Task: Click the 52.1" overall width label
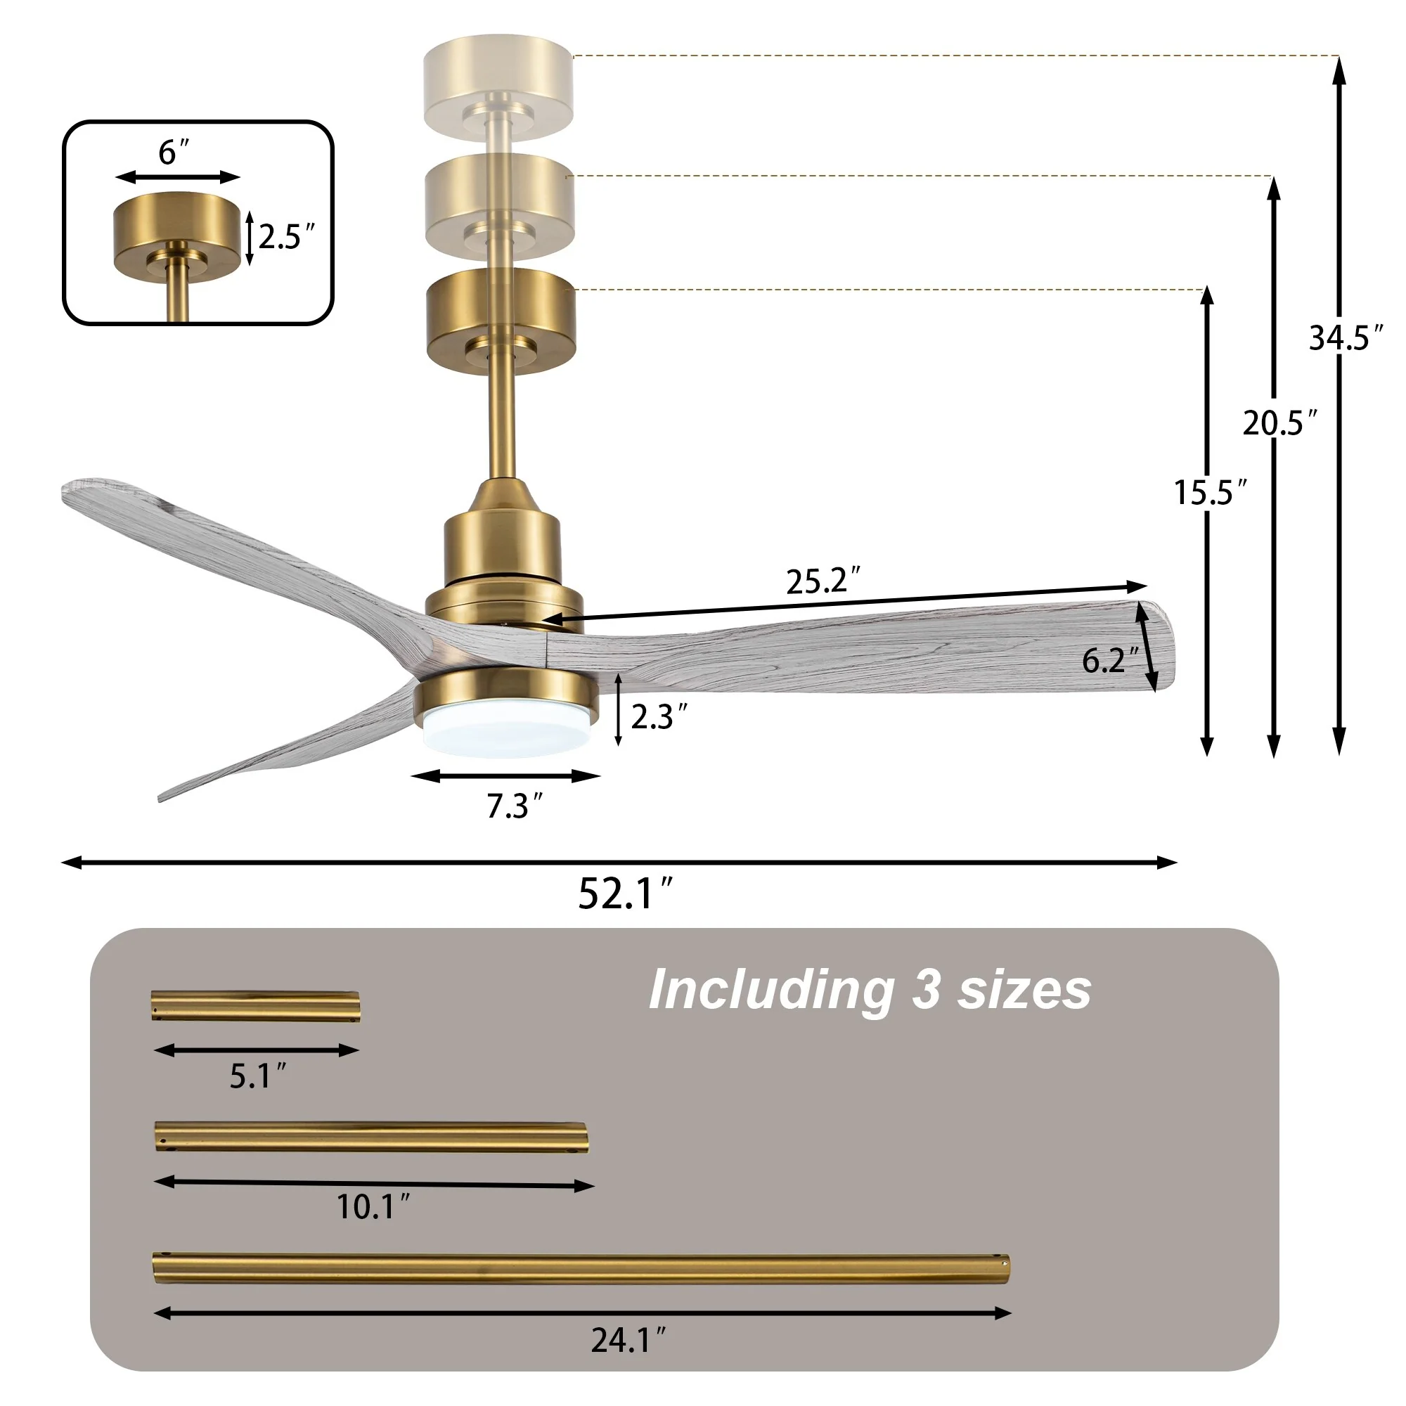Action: point(625,894)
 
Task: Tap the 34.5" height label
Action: point(1346,337)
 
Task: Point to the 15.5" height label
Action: point(1211,493)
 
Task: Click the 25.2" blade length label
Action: point(823,581)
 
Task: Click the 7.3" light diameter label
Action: point(515,806)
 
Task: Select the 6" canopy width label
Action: point(174,152)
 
